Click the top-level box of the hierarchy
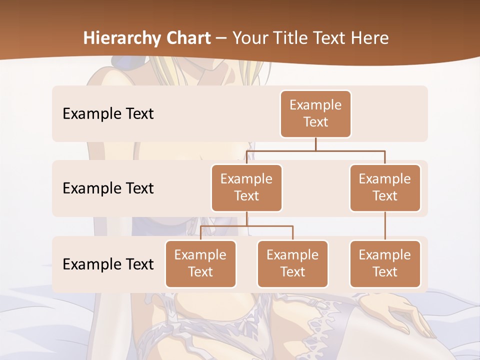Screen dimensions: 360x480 [315, 113]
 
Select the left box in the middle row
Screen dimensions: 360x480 [246, 187]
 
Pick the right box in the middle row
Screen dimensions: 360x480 [385, 187]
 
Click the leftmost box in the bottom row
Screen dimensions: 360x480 [200, 263]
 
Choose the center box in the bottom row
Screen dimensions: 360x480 [292, 263]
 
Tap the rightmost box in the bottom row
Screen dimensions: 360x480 [385, 263]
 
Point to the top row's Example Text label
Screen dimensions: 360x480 [108, 113]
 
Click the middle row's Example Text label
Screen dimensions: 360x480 [108, 188]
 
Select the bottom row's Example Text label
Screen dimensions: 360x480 [108, 264]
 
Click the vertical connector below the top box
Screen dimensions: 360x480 [315, 144]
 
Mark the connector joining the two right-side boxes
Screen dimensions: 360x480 [385, 226]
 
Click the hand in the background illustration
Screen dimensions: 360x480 [400, 312]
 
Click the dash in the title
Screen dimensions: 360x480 [221, 38]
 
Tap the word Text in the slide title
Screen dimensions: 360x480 [330, 38]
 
